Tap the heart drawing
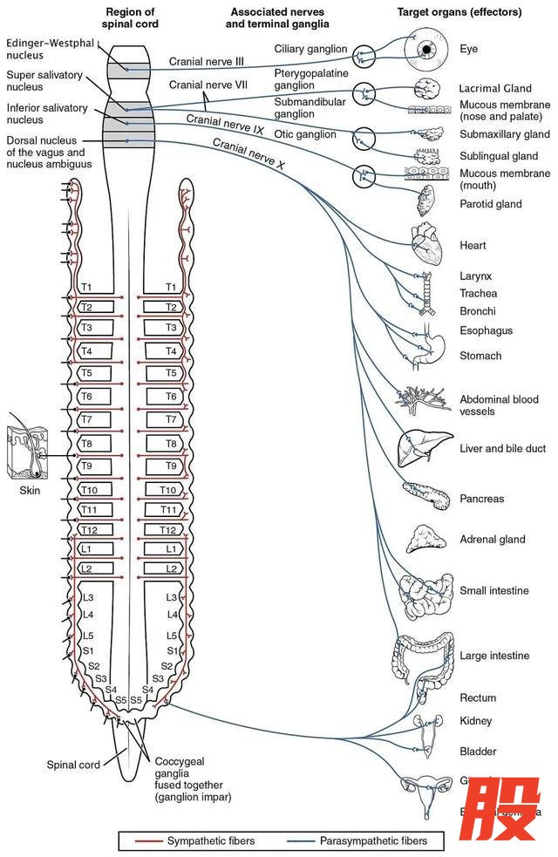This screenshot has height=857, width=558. [427, 244]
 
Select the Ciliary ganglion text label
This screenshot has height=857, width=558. [310, 49]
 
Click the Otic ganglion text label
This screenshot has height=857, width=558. [304, 134]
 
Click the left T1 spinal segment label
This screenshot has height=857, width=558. [86, 287]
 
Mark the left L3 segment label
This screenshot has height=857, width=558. [86, 598]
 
